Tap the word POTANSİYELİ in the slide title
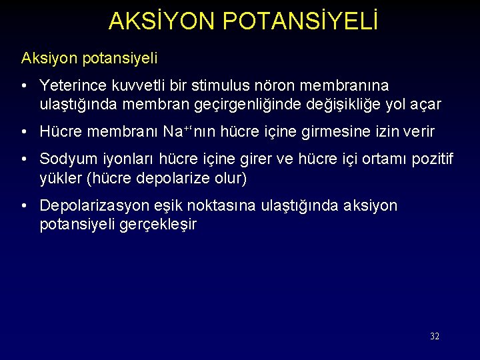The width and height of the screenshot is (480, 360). [x=301, y=22]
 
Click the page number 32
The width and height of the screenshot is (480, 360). [x=435, y=336]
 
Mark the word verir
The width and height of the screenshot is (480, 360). [x=417, y=132]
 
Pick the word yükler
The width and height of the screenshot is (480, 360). [x=59, y=178]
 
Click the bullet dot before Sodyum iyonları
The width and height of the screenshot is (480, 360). [x=23, y=159]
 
